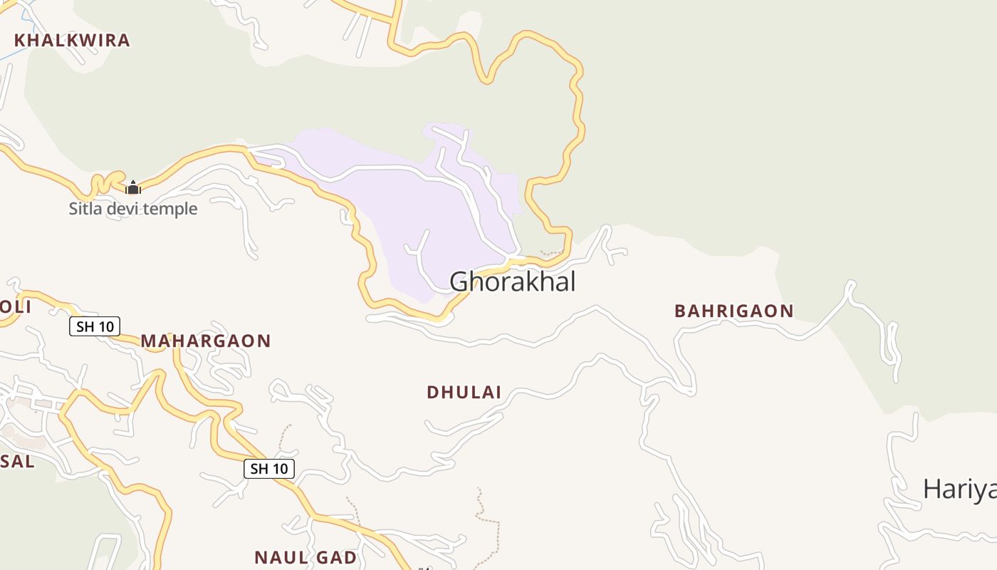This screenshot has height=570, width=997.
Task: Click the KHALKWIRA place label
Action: pos(72,41)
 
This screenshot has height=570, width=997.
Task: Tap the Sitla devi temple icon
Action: pos(133,187)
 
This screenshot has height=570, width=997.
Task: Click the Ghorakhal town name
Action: pos(512,281)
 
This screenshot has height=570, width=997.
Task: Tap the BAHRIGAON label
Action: pos(734,311)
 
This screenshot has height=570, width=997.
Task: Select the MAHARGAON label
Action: pos(206,341)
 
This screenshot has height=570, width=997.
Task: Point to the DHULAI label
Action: pos(464,393)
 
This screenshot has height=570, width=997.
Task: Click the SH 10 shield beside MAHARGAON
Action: pos(95,327)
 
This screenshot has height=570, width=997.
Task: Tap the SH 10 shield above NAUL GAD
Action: pos(269,468)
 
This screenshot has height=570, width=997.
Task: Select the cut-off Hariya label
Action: pos(959,489)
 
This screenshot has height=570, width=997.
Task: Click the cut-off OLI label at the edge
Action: pos(14,308)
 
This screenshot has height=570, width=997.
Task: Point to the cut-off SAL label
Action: pos(17,462)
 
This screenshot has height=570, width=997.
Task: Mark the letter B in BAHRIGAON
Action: pos(679,311)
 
